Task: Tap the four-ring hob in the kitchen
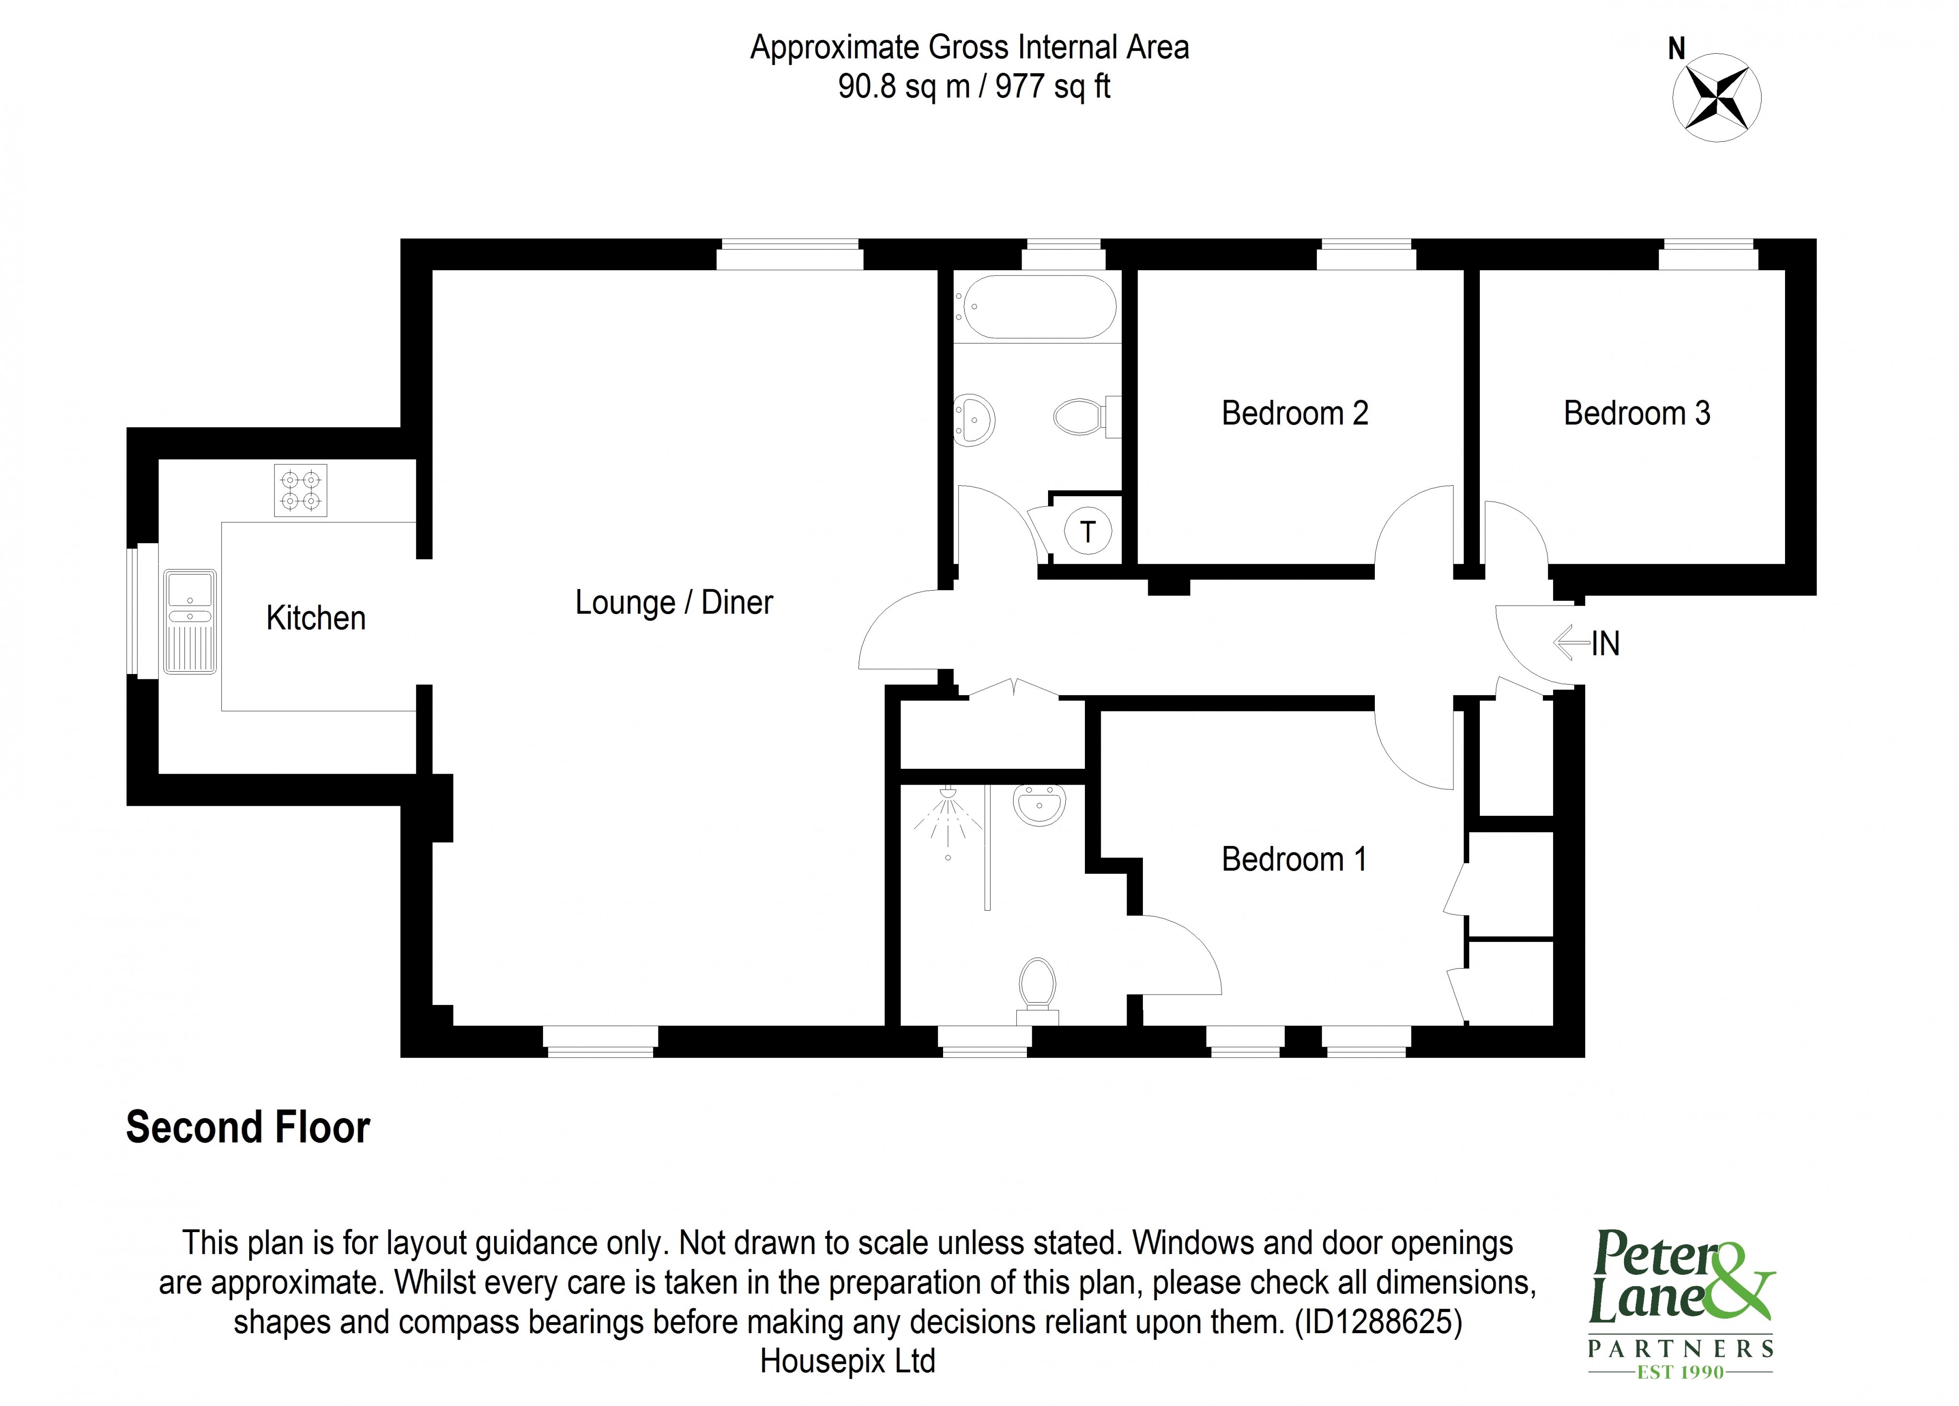[x=300, y=491]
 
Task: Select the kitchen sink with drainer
[x=190, y=621]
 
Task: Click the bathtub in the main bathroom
[x=1036, y=307]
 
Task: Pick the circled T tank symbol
[x=1087, y=531]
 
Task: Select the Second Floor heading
[x=248, y=1128]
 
